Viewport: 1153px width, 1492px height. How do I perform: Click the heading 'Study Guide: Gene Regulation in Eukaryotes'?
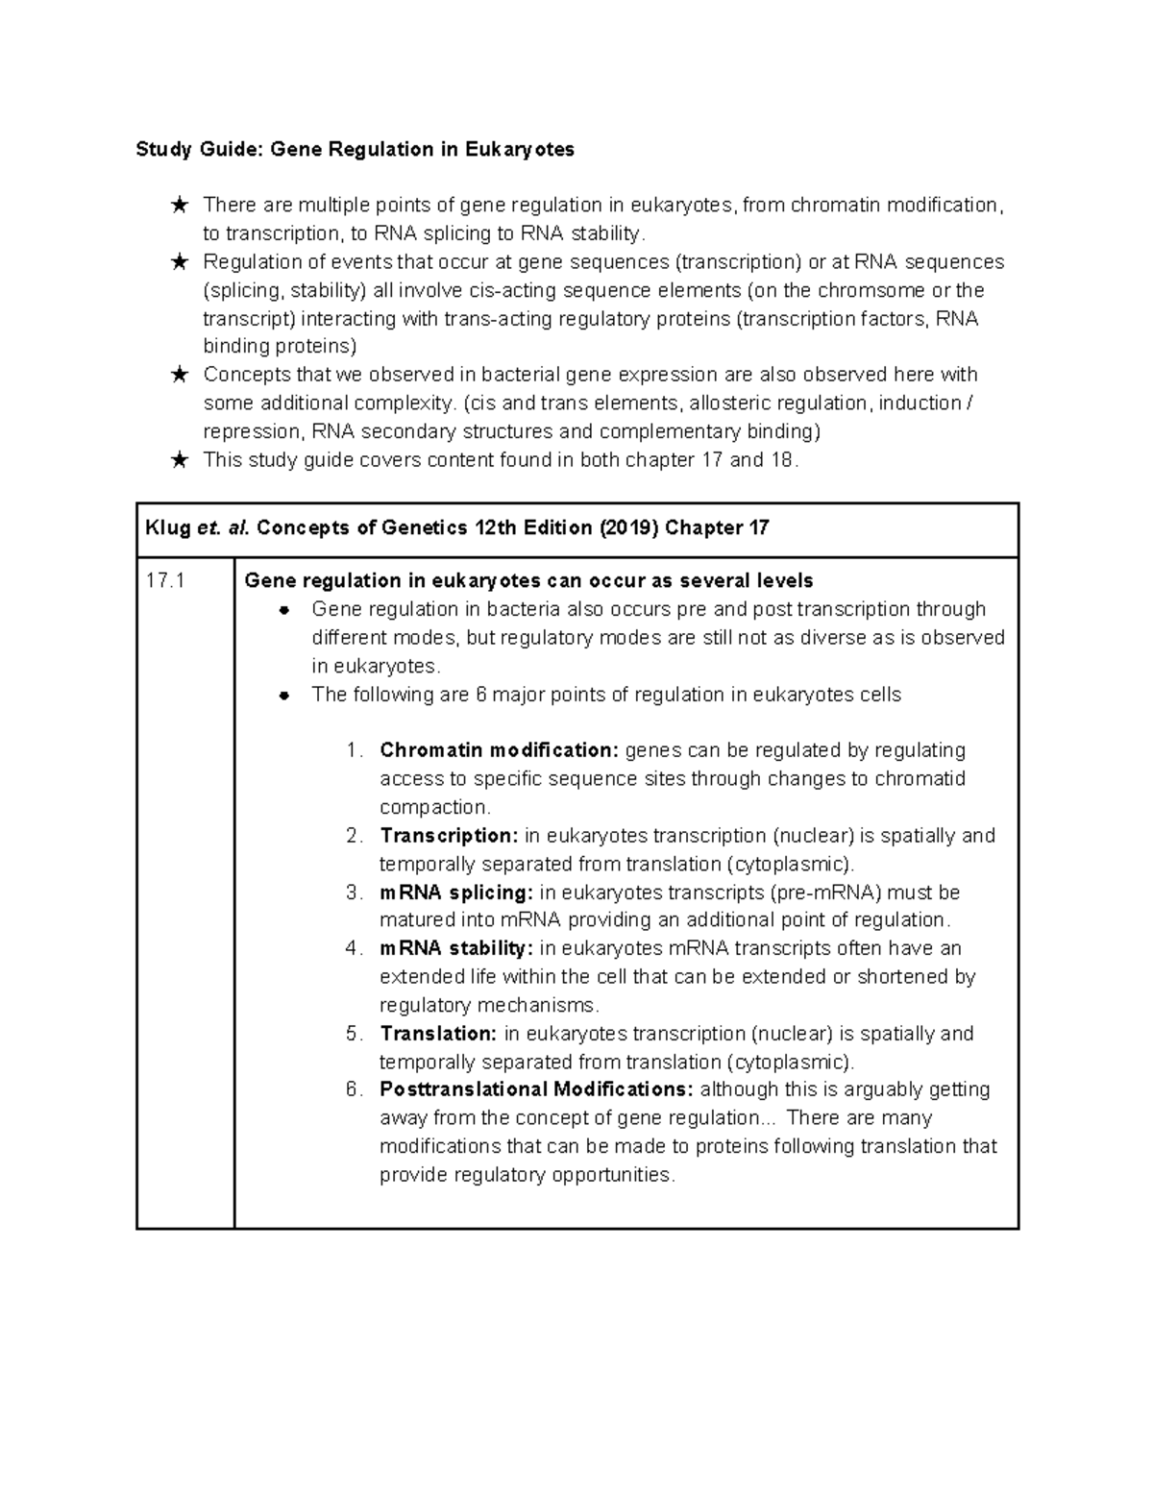coord(355,149)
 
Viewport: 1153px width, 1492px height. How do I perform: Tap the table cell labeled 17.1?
coord(164,581)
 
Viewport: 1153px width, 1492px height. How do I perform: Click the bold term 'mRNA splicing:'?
coord(456,893)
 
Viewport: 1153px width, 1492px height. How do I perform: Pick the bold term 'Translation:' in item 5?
coord(438,1034)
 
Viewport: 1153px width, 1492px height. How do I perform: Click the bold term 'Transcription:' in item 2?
coord(449,836)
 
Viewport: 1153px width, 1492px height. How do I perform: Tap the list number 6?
coord(354,1089)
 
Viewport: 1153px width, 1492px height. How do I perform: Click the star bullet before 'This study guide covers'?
coord(179,460)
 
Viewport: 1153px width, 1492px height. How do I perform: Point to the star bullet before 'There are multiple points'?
coord(179,206)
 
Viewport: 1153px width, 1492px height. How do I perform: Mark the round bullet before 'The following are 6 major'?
coord(283,696)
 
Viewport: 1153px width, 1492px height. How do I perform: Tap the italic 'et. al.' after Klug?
coord(223,528)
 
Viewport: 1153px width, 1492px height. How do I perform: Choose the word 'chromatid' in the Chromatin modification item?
coord(920,779)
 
